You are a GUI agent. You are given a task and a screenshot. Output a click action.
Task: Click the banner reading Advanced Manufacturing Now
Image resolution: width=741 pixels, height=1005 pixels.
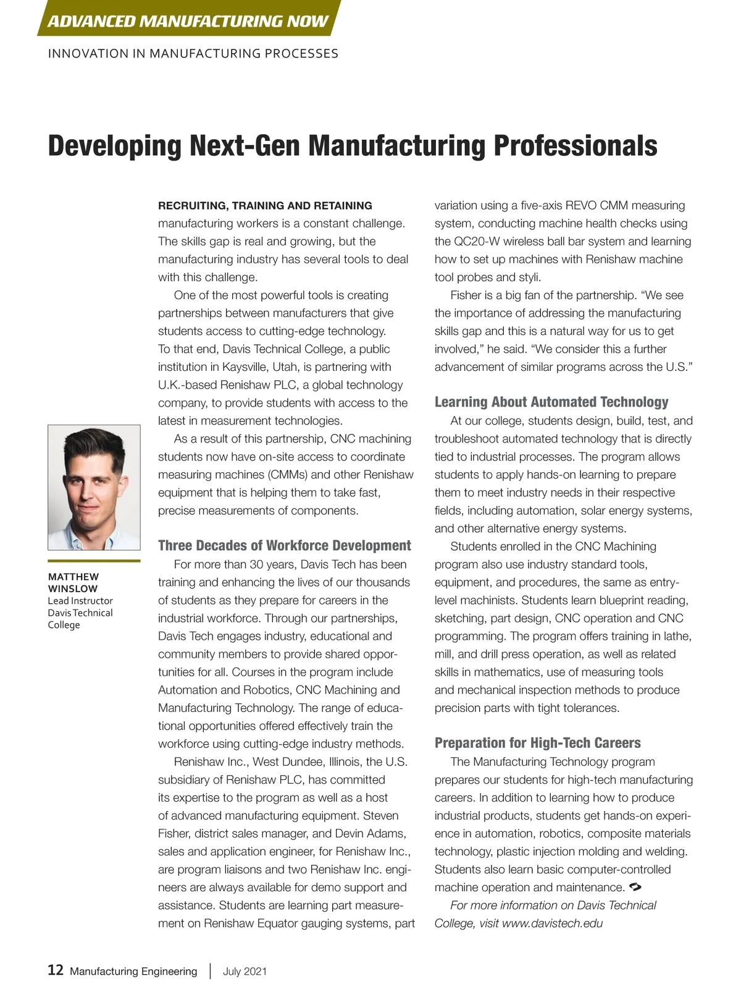188,22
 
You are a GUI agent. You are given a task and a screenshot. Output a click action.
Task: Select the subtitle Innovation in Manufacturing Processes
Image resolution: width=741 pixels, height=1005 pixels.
193,54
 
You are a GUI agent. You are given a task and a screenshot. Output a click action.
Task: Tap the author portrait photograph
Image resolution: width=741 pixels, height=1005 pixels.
94,487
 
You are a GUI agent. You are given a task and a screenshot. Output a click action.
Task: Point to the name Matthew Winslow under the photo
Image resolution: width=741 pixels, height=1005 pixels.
73,582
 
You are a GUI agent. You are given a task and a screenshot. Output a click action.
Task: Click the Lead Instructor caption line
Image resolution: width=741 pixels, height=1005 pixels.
80,601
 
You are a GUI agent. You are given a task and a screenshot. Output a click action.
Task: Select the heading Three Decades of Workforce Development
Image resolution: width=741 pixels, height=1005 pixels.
284,545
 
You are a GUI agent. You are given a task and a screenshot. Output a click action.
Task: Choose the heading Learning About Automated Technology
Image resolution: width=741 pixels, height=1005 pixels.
551,402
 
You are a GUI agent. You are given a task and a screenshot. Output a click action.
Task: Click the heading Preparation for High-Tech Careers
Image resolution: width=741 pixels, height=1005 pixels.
537,742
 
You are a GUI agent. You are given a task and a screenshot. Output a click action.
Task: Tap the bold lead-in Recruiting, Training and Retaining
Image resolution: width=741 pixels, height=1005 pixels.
265,206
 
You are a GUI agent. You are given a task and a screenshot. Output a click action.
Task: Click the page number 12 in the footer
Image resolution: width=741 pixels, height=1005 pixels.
56,970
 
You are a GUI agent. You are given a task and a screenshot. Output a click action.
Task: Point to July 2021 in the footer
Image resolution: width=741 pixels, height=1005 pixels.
245,971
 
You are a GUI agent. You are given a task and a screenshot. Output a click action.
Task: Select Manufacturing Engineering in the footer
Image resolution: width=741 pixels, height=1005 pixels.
133,971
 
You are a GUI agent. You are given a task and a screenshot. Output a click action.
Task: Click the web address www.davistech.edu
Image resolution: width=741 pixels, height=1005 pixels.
552,923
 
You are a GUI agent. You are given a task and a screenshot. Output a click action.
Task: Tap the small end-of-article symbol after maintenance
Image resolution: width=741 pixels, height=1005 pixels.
635,887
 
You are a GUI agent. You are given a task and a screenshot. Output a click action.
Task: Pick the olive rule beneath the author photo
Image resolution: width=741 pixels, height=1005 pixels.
94,561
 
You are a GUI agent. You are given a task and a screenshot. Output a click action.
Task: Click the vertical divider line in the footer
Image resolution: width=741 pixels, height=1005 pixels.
210,970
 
